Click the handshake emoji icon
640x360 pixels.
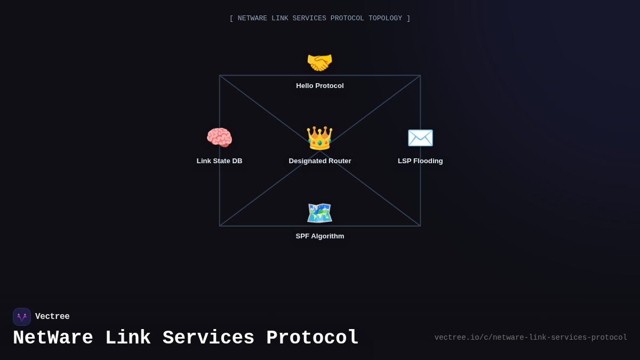point(319,63)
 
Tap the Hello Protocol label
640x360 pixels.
point(320,86)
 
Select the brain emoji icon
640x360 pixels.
point(219,138)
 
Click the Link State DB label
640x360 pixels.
point(219,161)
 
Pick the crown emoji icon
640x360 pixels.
point(319,138)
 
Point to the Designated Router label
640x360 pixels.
point(320,161)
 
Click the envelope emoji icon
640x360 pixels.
point(420,138)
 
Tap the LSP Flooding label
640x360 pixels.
point(420,161)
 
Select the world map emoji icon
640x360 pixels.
point(319,213)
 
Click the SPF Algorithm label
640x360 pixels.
point(320,236)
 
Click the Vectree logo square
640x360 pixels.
point(22,317)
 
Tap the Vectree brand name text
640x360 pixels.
point(52,317)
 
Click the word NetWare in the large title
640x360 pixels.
point(53,338)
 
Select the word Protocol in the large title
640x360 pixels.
point(313,338)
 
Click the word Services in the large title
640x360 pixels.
point(209,338)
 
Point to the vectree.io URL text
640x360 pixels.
point(531,338)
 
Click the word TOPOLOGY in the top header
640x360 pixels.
point(385,19)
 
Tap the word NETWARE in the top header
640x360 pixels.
point(252,19)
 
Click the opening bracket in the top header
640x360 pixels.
point(231,19)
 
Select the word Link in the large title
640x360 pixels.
point(128,338)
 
